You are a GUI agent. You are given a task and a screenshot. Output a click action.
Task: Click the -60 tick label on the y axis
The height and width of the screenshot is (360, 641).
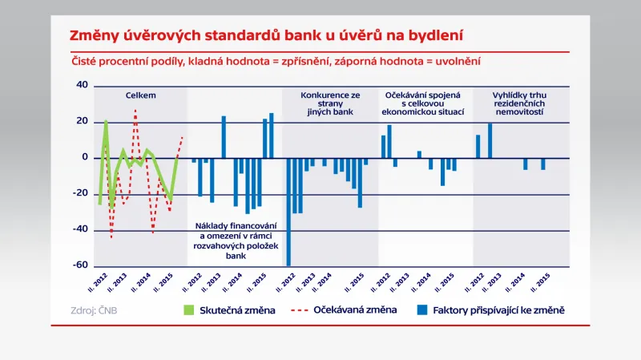tap(80, 265)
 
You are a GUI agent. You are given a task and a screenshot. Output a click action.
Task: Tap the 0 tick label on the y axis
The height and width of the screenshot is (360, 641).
tap(85, 157)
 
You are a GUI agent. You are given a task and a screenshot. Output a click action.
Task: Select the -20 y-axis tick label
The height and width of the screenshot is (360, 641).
tap(80, 193)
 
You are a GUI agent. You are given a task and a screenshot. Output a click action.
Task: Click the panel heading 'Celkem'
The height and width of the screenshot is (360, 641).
tap(140, 95)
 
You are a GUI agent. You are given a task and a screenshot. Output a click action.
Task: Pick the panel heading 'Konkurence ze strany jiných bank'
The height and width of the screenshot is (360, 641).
tap(330, 104)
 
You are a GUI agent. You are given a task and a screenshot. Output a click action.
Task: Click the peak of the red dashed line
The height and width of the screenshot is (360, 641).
tap(135, 111)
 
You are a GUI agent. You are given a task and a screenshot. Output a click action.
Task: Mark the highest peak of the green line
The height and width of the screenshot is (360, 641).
tap(106, 121)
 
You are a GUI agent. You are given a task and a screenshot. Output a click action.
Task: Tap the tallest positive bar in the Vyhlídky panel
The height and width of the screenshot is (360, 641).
tap(490, 140)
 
